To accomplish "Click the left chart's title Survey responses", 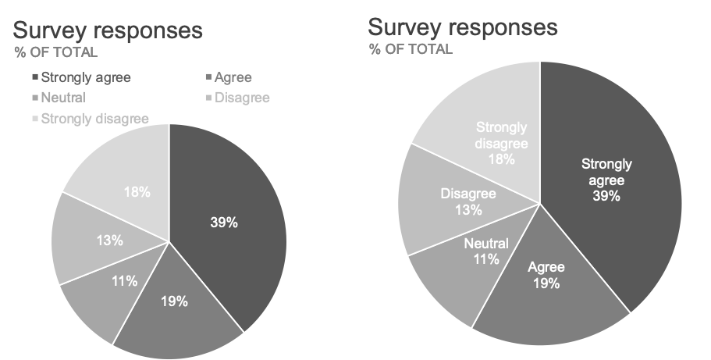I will [108, 31].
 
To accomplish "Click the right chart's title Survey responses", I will [463, 27].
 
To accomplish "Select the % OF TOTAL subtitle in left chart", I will [55, 53].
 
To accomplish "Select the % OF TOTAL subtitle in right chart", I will [411, 49].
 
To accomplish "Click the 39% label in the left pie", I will [224, 222].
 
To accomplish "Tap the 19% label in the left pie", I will [174, 301].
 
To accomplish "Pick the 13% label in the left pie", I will [109, 241].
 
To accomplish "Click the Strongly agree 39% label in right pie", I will [606, 180].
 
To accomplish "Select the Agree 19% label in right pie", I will [546, 276].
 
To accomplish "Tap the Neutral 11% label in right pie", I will [486, 251].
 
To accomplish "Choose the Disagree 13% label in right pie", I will [467, 201].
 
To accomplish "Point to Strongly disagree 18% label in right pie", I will [502, 143].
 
